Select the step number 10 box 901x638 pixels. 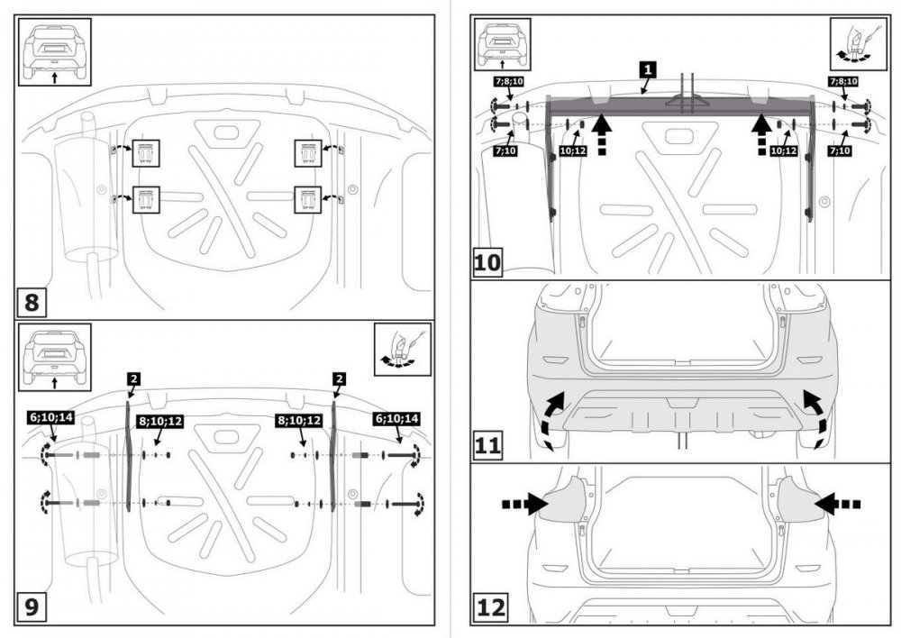[487, 263]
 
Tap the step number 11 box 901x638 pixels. [487, 445]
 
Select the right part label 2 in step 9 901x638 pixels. [340, 379]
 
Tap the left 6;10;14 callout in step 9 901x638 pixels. [52, 418]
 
